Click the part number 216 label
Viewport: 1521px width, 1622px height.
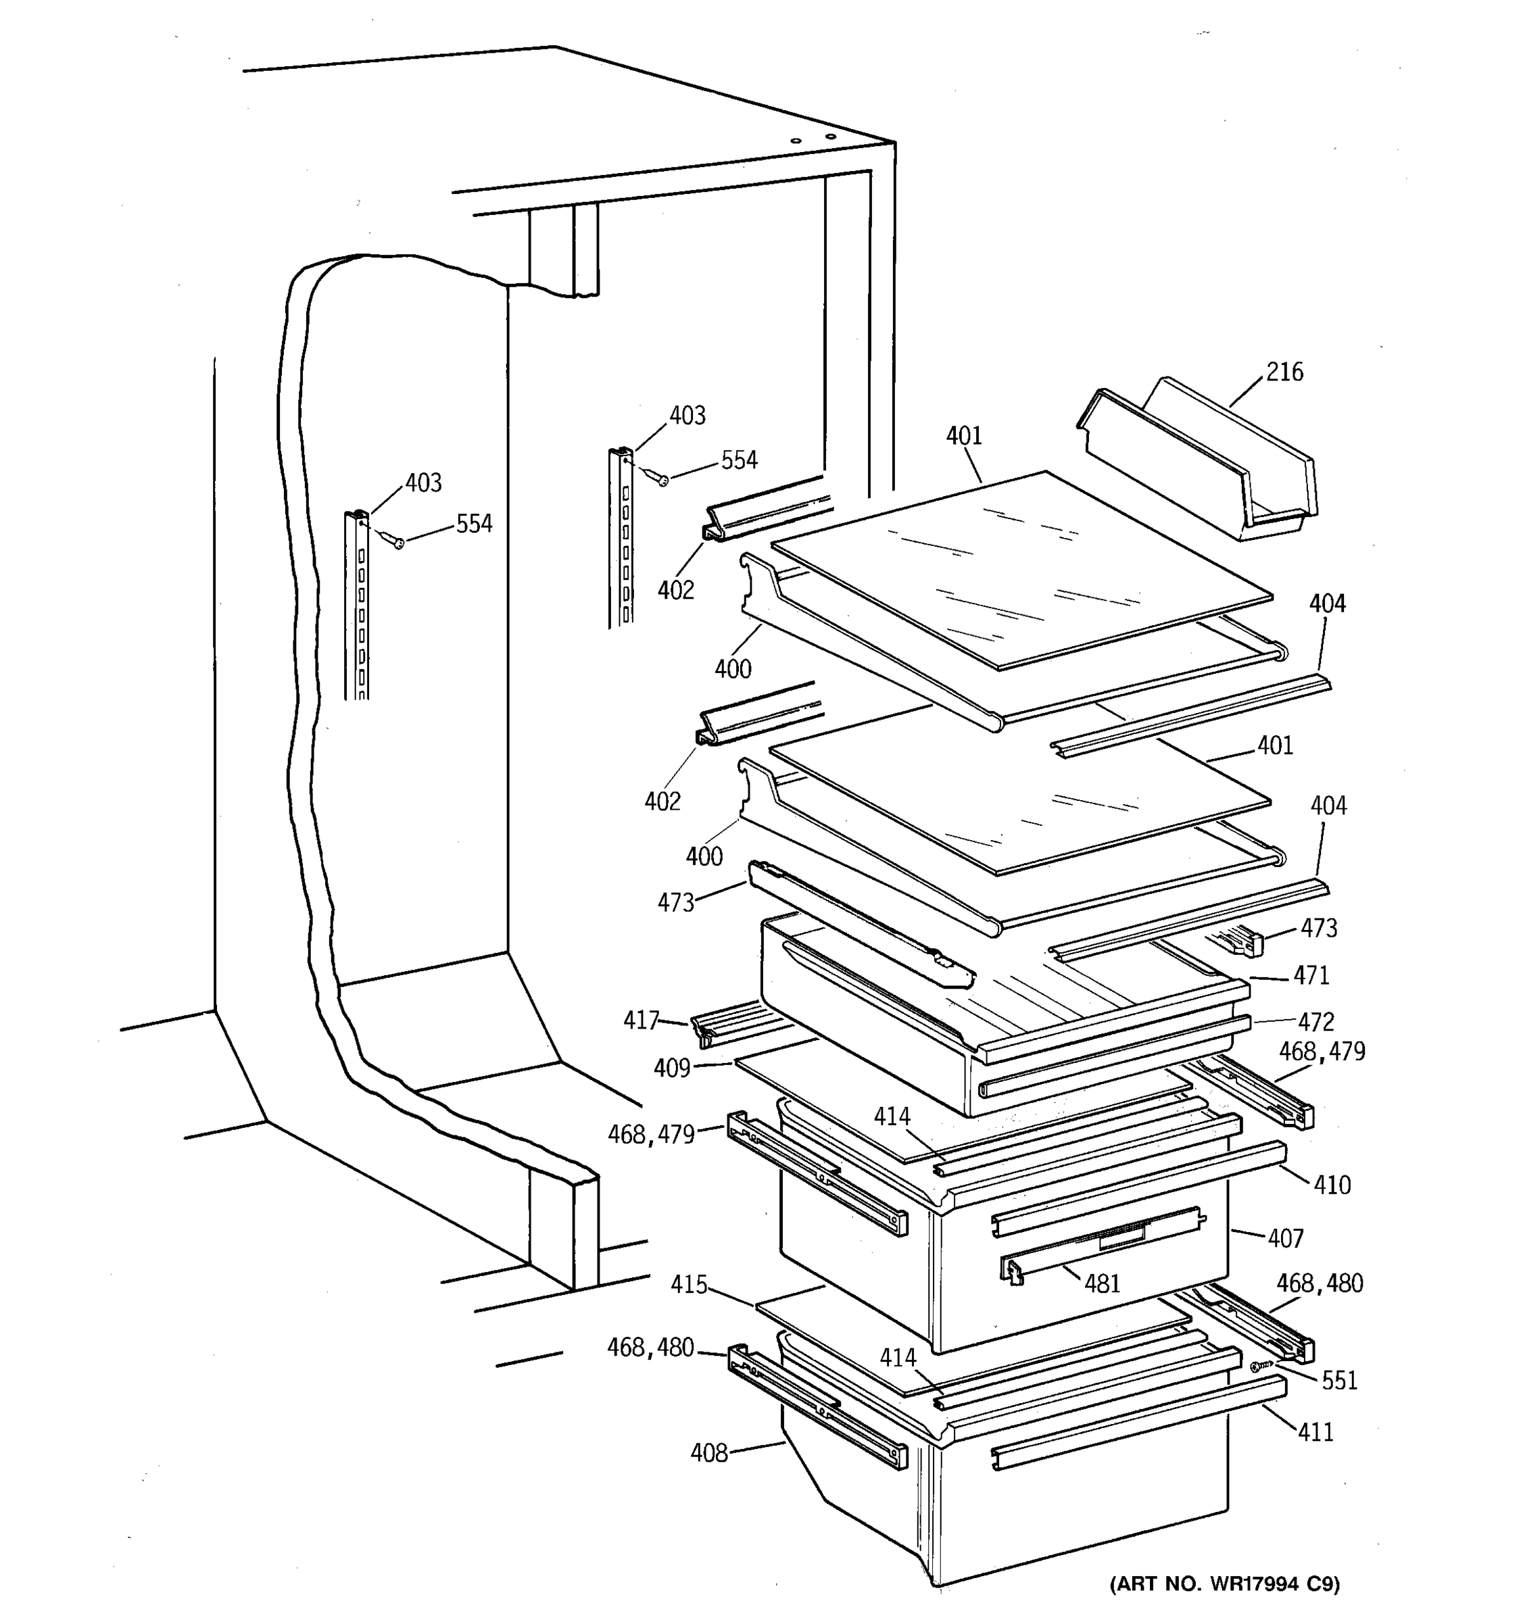coord(1284,372)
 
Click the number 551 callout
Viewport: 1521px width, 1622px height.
coord(1339,1381)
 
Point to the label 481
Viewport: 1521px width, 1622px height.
coord(1102,1284)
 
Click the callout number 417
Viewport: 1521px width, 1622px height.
coord(641,1020)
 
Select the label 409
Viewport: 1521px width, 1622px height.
coord(671,1067)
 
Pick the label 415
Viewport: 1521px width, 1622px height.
coord(689,1285)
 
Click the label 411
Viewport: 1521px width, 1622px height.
coord(1315,1432)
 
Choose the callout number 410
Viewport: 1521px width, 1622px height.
coord(1332,1185)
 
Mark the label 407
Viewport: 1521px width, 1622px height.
coord(1285,1239)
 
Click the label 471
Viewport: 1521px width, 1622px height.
coord(1311,975)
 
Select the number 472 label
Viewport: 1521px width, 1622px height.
coord(1315,1021)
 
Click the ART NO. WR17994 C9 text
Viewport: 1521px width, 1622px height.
coord(1224,1584)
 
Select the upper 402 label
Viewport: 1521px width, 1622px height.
coord(675,589)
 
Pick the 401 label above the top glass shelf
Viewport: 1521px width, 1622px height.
coord(964,436)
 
